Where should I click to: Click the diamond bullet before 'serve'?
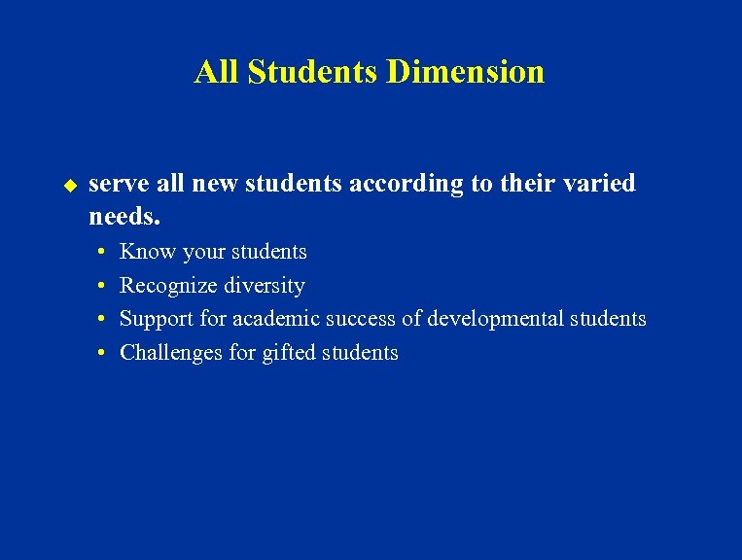point(69,184)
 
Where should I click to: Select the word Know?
point(146,252)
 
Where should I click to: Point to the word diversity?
point(264,286)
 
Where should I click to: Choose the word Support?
point(158,319)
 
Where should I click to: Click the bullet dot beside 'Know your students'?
point(102,252)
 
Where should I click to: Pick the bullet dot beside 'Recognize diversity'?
point(102,286)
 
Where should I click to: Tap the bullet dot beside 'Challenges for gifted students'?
point(102,353)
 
